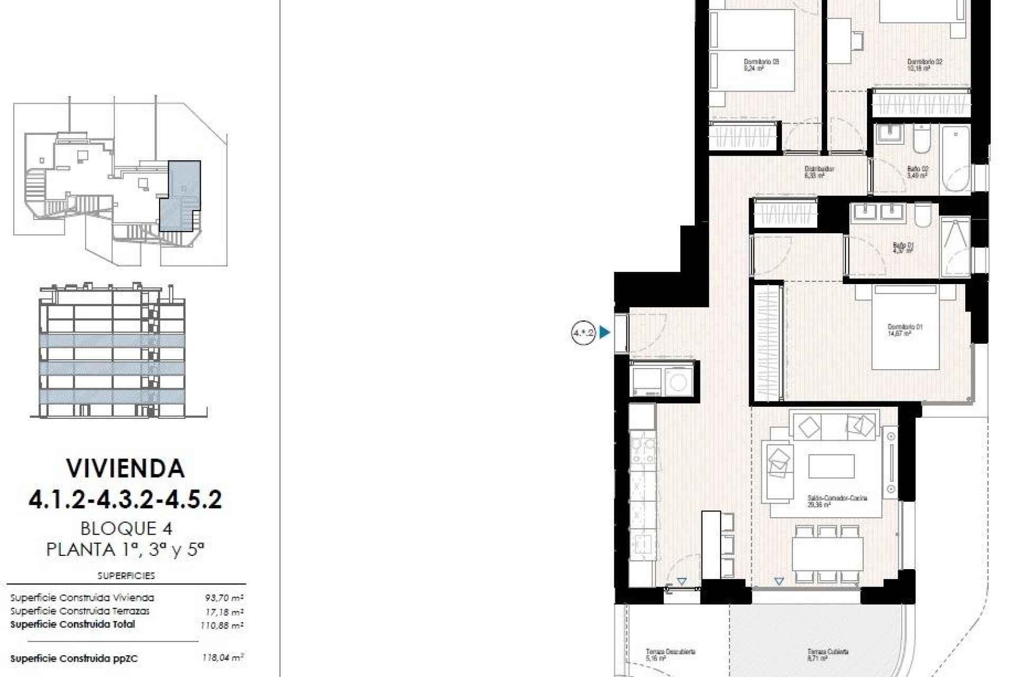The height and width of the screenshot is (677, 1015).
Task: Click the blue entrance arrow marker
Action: [605, 333]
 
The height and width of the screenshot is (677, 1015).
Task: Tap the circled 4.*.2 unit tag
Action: [584, 333]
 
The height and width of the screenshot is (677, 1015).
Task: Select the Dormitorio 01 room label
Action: [905, 330]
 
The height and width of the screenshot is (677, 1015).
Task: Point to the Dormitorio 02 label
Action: [925, 65]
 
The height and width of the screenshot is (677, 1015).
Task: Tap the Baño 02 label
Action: [917, 172]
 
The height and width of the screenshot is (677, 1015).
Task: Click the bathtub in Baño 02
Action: [956, 159]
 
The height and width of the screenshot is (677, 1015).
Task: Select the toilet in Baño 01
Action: [922, 215]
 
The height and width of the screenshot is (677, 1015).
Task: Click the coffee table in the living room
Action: [831, 466]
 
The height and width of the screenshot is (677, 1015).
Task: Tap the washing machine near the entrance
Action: [678, 380]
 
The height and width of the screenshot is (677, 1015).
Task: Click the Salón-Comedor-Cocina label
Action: [837, 501]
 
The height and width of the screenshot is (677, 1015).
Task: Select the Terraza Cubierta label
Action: [827, 655]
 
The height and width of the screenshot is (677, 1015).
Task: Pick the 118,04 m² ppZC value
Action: [223, 658]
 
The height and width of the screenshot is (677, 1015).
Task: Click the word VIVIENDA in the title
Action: [125, 468]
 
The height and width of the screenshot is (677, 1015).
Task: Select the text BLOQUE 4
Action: [126, 528]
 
